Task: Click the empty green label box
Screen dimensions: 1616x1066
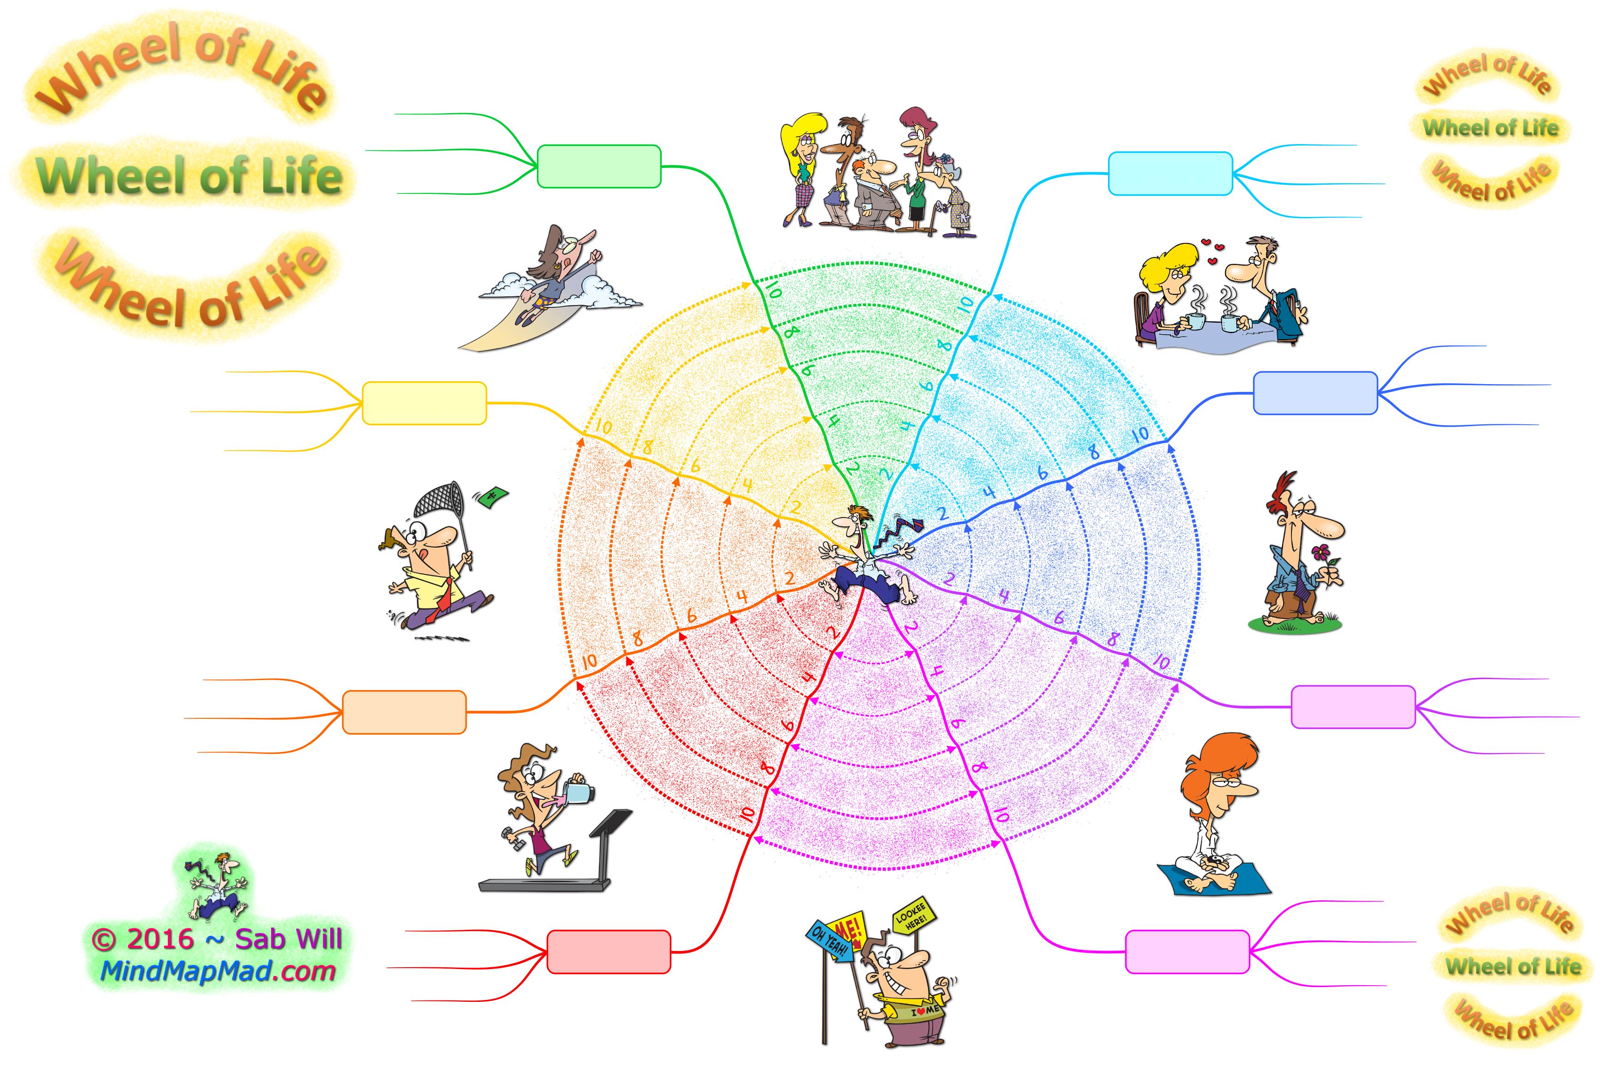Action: tap(599, 166)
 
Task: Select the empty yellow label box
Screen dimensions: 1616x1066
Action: tap(424, 403)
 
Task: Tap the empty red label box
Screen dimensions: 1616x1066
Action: tap(609, 952)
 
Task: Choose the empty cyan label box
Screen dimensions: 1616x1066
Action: tap(1170, 174)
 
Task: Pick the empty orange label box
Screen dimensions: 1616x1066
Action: tap(404, 712)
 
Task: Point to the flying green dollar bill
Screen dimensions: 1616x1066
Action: tap(494, 496)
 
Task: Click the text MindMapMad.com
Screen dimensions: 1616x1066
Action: tap(217, 971)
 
